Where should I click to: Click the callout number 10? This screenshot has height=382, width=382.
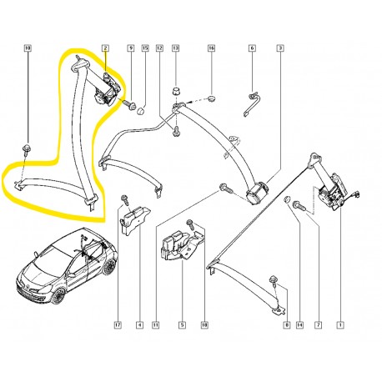pyautogui.click(x=28, y=49)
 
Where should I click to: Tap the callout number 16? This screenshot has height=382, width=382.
pyautogui.click(x=211, y=49)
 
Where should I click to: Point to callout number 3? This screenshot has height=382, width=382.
pyautogui.click(x=280, y=49)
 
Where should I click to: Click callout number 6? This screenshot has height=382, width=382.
pyautogui.click(x=251, y=49)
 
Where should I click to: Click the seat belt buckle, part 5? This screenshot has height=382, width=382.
pyautogui.click(x=174, y=246)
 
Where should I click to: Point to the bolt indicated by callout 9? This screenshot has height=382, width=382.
pyautogui.click(x=132, y=105)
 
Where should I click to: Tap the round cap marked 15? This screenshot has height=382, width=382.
pyautogui.click(x=142, y=109)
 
